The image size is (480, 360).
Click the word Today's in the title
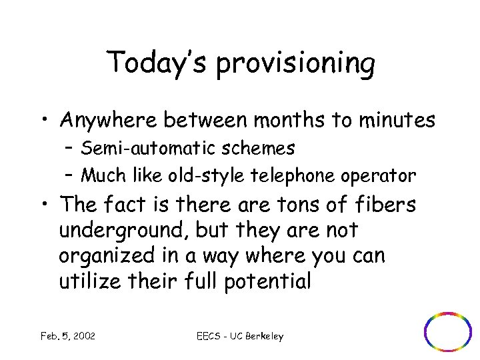pyautogui.click(x=157, y=63)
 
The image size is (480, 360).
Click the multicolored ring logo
pyautogui.click(x=448, y=331)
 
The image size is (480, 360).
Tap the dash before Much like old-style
pyautogui.click(x=70, y=176)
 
